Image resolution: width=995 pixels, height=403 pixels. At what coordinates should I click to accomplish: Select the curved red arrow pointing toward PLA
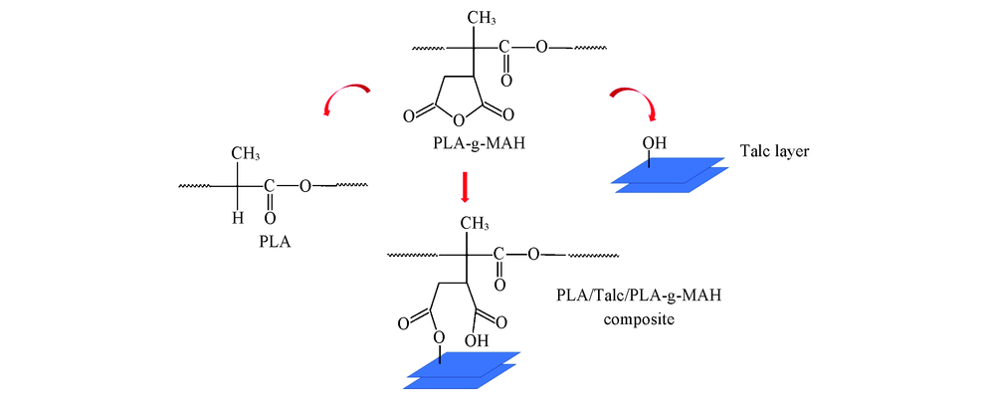pyautogui.click(x=346, y=97)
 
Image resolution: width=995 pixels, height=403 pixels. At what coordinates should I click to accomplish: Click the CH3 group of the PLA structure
pyautogui.click(x=248, y=152)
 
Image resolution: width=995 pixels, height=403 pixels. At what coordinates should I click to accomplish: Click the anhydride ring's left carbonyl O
pyautogui.click(x=410, y=116)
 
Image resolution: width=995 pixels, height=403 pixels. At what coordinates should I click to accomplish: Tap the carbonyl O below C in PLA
pyautogui.click(x=269, y=213)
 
